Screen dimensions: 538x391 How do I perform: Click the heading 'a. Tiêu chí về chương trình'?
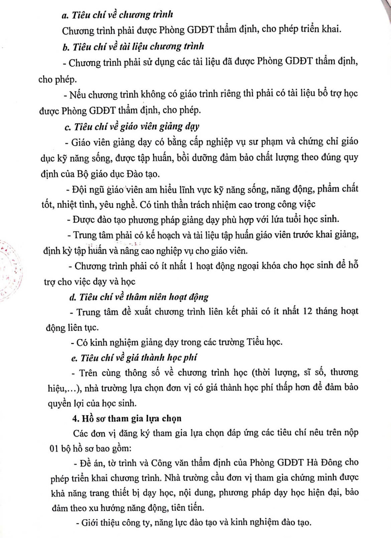(117, 15)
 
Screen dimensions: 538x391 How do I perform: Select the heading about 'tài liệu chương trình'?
(133, 47)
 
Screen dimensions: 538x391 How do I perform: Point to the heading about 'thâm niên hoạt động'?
(139, 297)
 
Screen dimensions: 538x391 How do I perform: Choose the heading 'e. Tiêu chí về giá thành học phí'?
(134, 358)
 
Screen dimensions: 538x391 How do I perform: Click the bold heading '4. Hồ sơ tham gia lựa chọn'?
(127, 419)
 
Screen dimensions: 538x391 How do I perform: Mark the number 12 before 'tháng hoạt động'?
(308, 311)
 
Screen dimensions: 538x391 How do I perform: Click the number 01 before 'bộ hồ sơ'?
(54, 448)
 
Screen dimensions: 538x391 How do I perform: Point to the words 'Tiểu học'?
(264, 342)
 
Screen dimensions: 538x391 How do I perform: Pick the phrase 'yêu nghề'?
(118, 205)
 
